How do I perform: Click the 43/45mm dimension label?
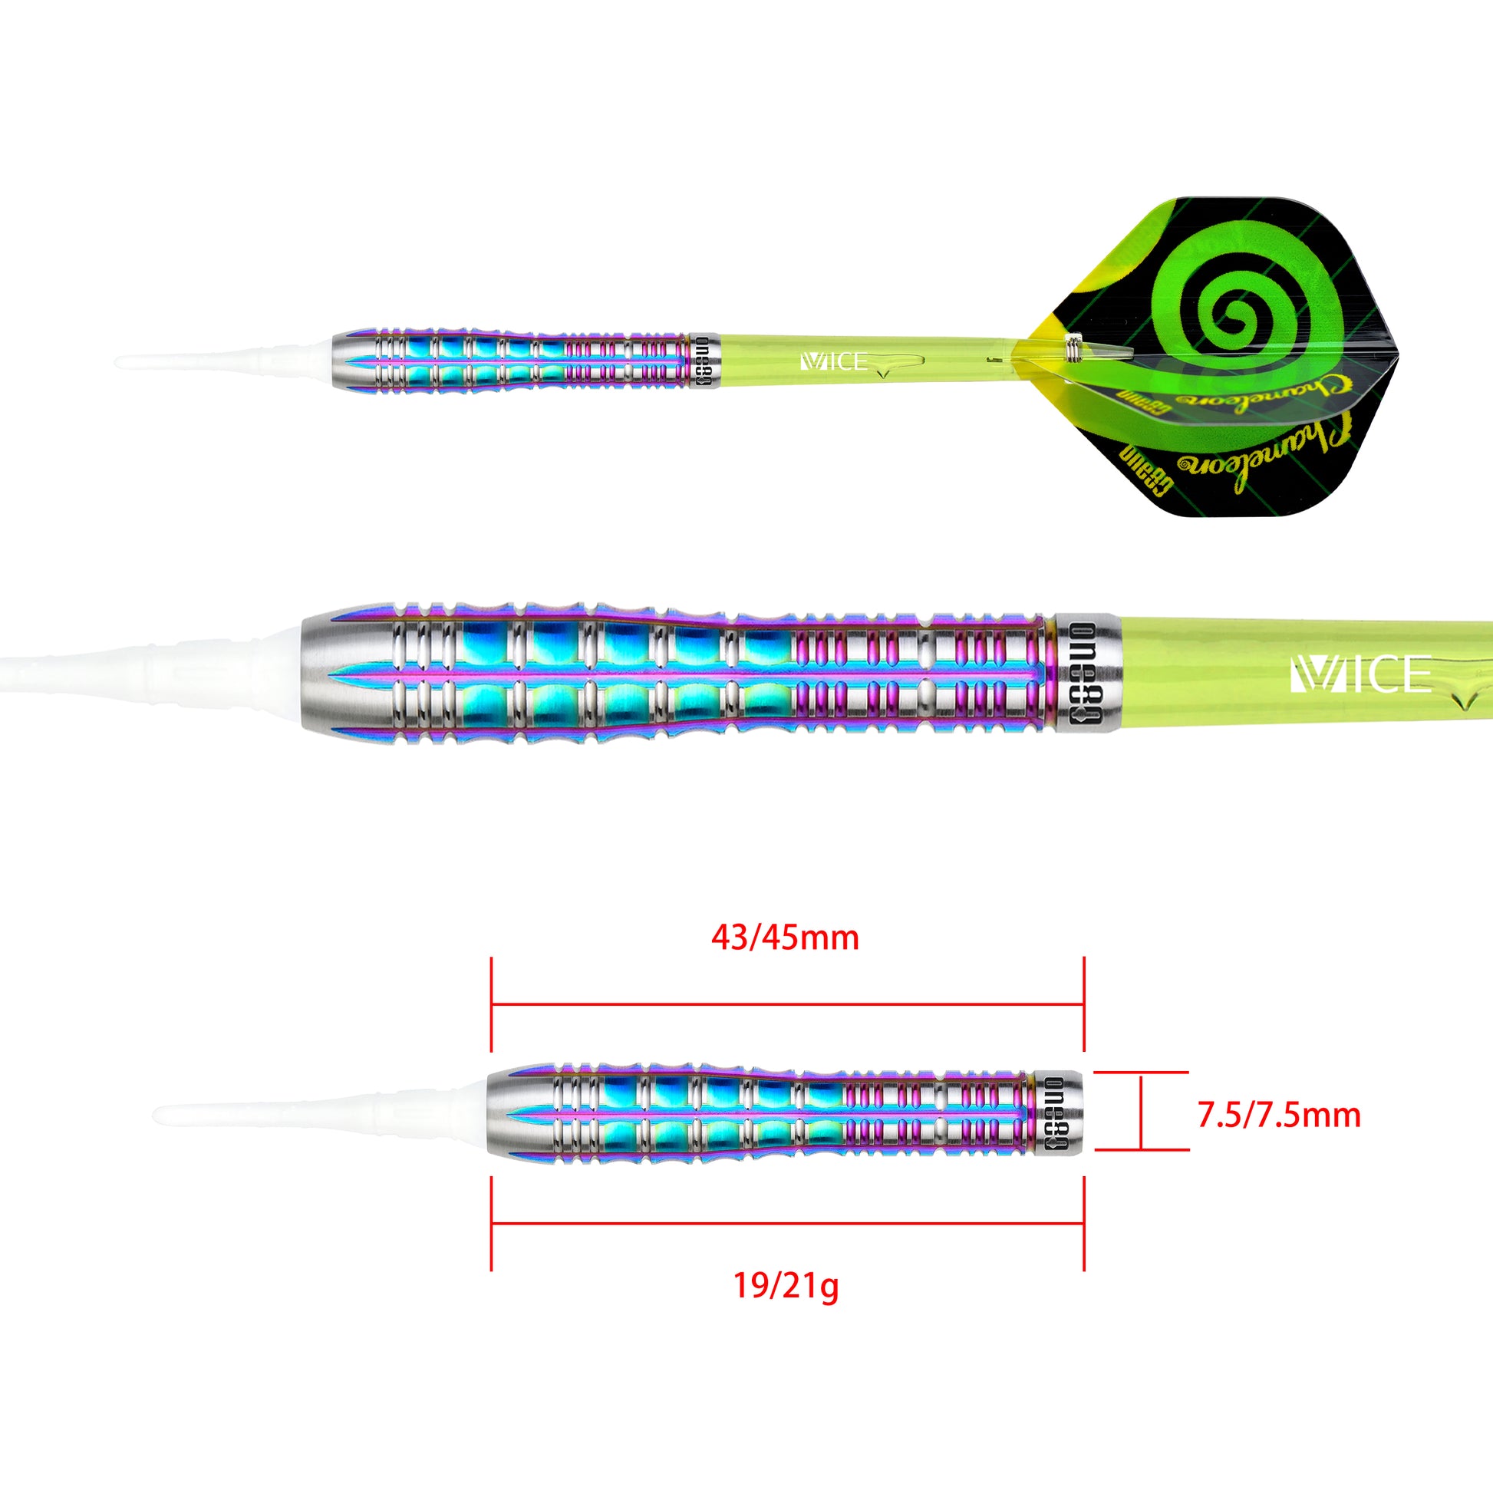784,938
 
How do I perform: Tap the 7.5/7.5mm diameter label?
1278,1115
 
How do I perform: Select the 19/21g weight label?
784,1286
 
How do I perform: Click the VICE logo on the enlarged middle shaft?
1360,674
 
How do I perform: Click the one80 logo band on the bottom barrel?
1063,1112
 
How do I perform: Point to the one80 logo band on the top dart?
703,361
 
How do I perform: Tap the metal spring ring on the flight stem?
1073,346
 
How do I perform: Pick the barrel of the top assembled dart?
510,361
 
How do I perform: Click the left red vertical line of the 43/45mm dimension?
492,1004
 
